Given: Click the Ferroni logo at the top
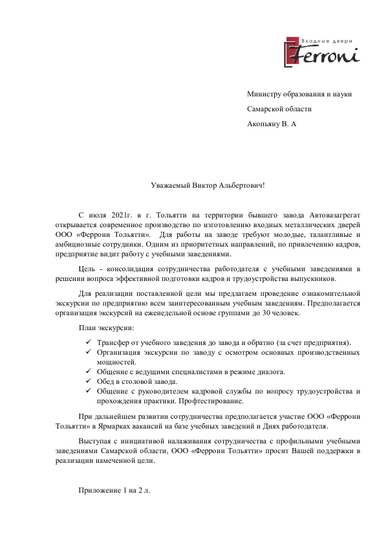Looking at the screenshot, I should point(321,50).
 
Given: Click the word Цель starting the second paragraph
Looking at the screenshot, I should point(86,268).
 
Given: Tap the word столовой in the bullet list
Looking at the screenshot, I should point(138,382).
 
